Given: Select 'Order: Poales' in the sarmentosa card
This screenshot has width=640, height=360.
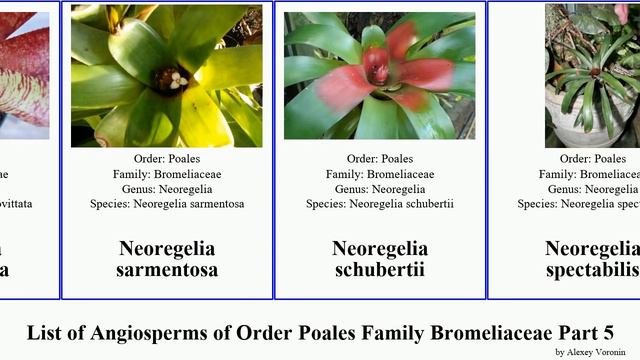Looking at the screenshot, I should click(166, 158).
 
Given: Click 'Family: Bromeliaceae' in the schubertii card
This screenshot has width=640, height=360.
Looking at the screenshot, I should click(379, 174).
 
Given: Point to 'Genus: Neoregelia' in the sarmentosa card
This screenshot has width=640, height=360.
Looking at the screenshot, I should click(166, 189).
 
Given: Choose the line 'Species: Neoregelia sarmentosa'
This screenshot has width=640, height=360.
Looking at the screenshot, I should click(166, 204).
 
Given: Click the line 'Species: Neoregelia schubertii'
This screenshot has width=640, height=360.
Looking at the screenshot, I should click(379, 204).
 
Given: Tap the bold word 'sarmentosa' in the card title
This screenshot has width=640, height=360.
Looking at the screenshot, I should click(166, 270).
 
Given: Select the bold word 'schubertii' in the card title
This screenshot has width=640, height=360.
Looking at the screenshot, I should click(379, 270).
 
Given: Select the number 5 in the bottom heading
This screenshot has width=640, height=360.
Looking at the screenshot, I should click(606, 332).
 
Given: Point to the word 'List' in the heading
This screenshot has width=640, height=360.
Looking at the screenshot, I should click(44, 332).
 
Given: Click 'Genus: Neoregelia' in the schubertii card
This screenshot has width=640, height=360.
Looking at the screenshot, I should click(379, 189).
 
